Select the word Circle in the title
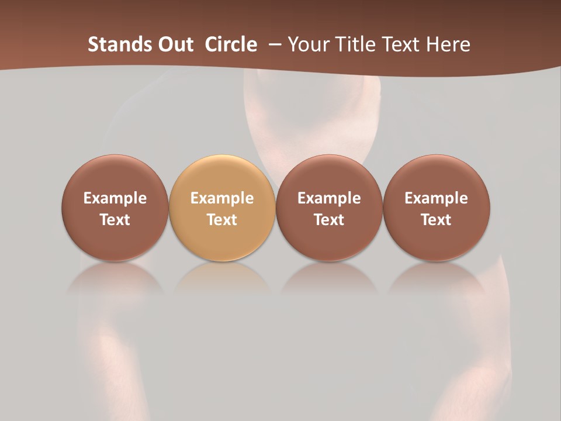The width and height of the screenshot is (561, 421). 231,44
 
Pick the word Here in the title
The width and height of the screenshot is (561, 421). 448,44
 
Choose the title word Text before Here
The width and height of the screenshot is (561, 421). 403,44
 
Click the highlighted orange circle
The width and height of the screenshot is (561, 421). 222,208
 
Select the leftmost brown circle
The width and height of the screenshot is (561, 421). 115,208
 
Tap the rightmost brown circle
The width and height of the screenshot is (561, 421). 436,208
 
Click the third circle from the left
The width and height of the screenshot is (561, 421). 329,208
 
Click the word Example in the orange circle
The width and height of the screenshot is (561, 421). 222,198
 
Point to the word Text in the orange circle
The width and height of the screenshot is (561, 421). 222,220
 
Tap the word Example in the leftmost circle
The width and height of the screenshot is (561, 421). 115,198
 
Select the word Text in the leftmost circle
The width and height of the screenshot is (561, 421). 115,220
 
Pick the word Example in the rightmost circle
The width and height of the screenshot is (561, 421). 436,198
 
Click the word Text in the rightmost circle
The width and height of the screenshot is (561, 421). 436,220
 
